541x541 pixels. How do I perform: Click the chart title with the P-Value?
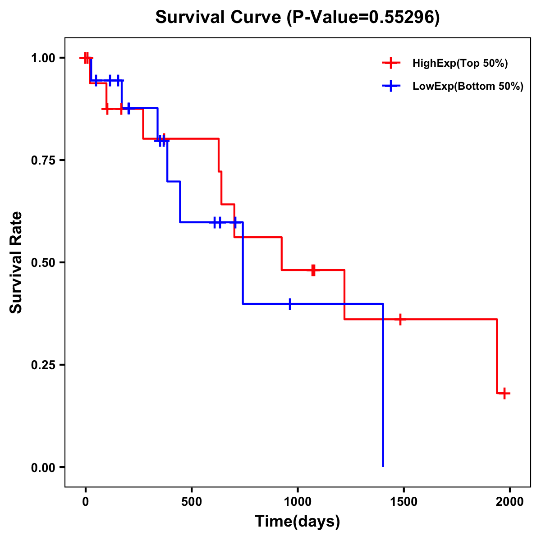(298, 17)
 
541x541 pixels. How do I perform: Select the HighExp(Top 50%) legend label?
(460, 63)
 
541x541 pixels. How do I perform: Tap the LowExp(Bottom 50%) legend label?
(468, 87)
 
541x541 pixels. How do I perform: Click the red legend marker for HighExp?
(391, 63)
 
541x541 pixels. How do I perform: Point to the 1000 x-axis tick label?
(298, 502)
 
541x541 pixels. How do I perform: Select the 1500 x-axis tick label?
(403, 502)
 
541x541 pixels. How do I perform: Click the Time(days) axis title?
(298, 522)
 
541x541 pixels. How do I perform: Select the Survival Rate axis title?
(16, 262)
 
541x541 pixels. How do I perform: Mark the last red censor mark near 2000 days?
(504, 393)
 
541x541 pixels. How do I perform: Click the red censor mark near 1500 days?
(399, 319)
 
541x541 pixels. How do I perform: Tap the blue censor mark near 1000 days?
(290, 304)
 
